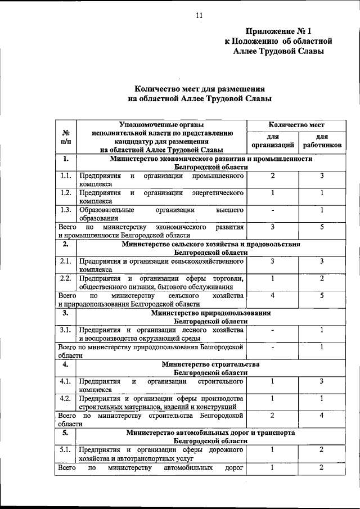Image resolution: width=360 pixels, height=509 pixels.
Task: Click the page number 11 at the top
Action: tap(199, 15)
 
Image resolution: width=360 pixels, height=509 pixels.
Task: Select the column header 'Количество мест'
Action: tap(296, 124)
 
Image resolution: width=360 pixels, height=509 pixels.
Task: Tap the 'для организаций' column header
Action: tap(273, 141)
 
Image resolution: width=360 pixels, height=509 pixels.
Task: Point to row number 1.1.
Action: tap(66, 176)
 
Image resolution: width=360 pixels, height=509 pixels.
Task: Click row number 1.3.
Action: tap(66, 210)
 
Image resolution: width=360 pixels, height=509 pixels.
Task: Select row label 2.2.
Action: tap(66, 278)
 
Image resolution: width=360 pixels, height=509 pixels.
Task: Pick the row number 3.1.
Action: tap(66, 330)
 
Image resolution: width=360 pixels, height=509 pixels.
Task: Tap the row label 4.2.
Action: tap(66, 398)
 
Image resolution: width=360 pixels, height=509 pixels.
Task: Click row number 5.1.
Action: tap(66, 449)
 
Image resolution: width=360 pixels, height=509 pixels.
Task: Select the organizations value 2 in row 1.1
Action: tap(273, 176)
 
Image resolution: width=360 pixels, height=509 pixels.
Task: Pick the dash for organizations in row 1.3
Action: tap(273, 210)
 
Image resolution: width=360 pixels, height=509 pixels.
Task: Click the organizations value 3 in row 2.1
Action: tap(273, 261)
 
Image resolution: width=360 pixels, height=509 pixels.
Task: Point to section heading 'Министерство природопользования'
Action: tap(210, 312)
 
